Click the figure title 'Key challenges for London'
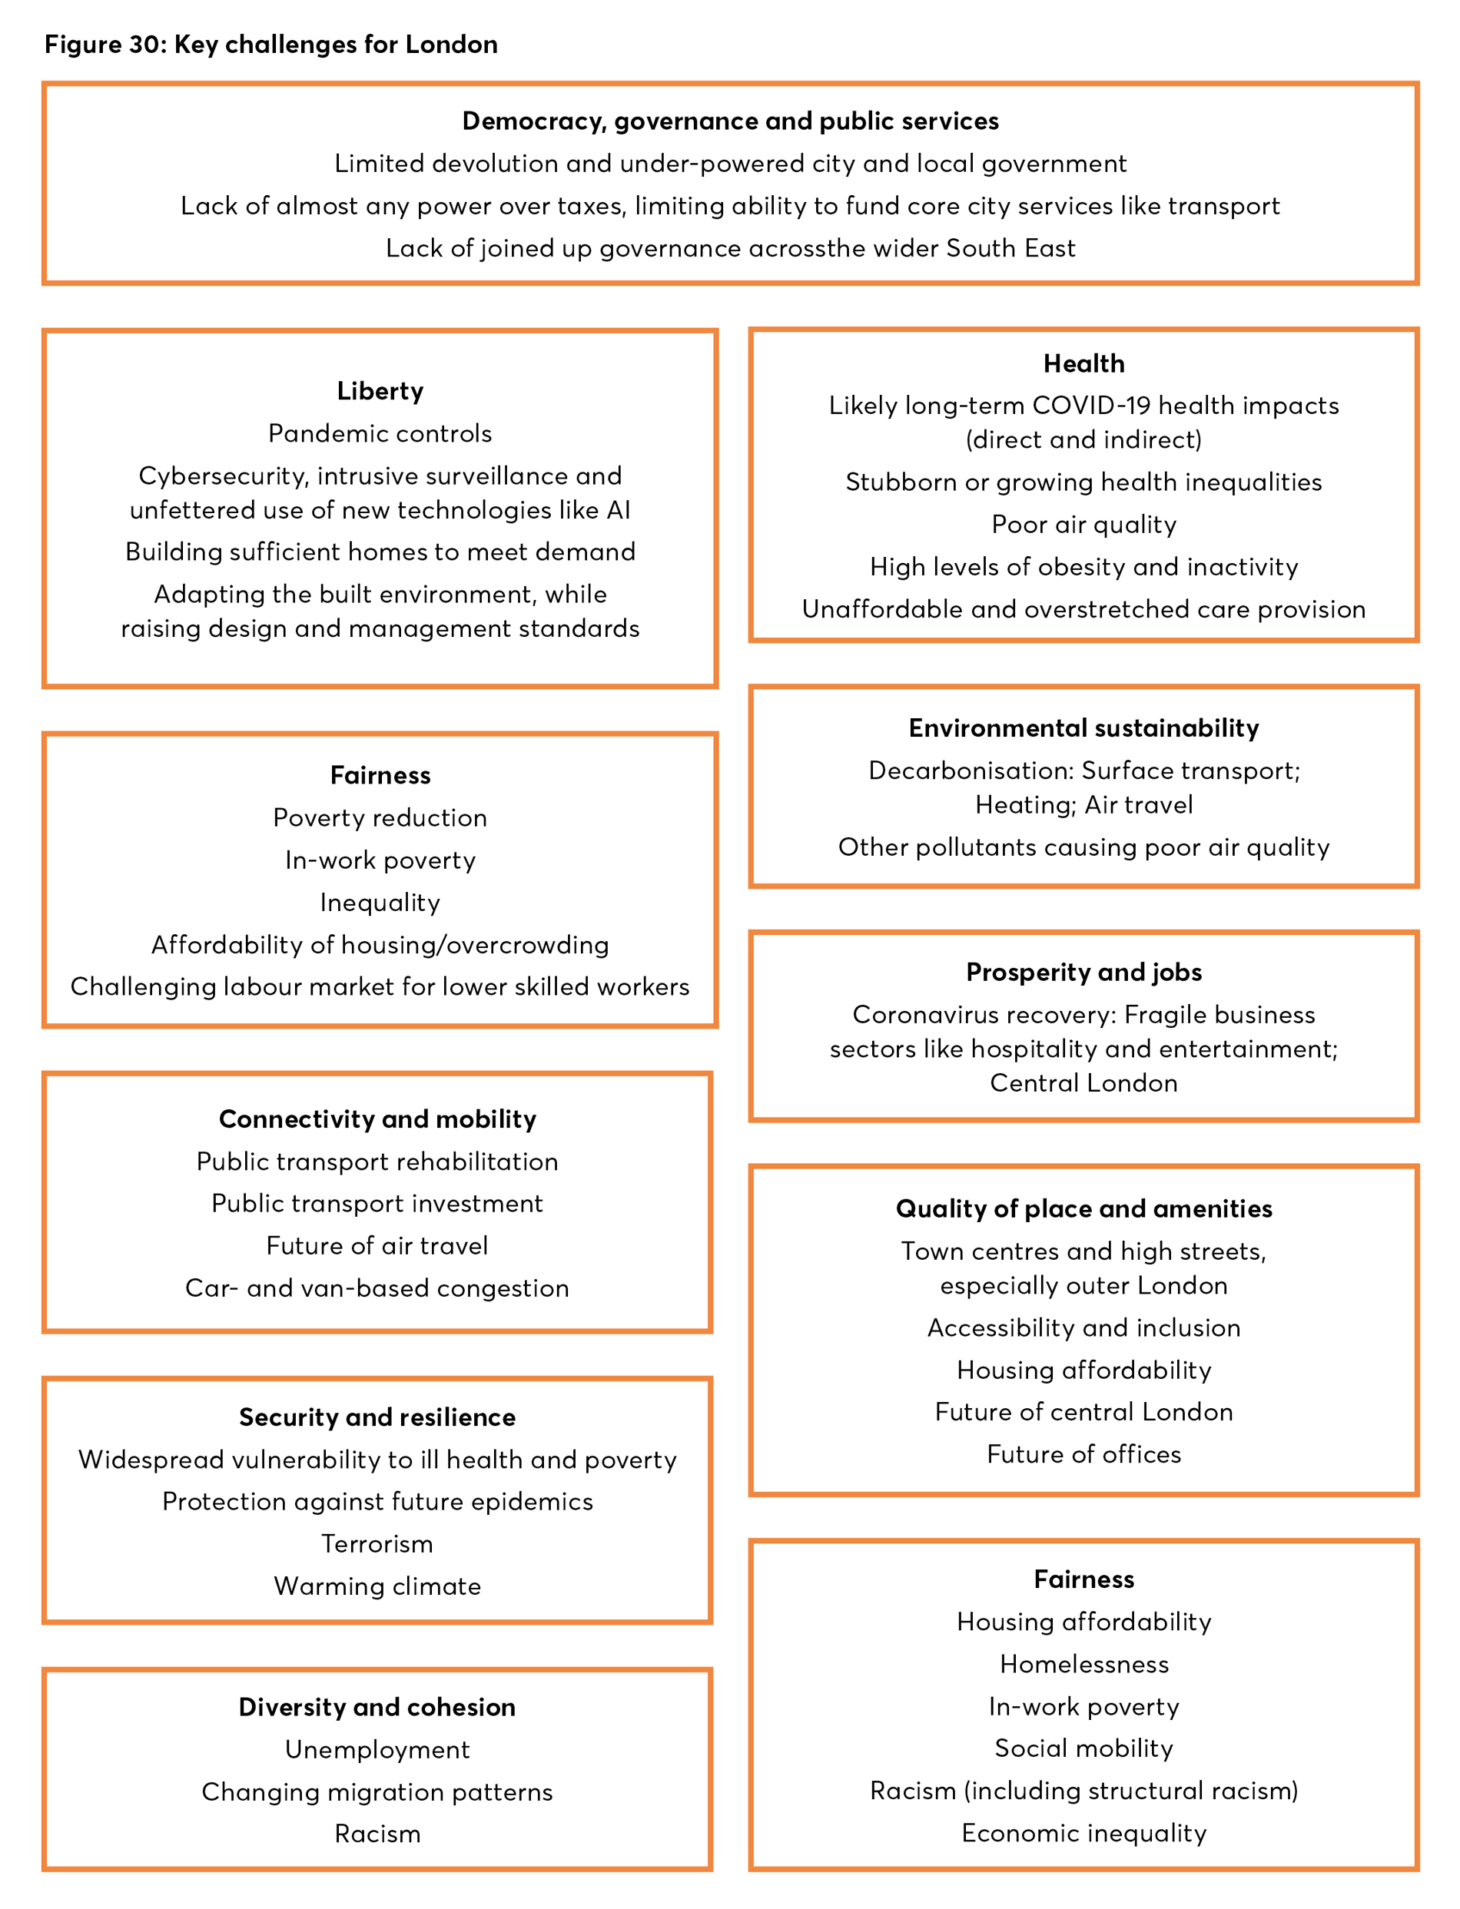[x=271, y=45]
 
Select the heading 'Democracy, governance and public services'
[x=730, y=121]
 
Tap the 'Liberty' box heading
[x=380, y=391]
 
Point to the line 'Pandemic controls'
[x=380, y=433]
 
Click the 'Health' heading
[x=1083, y=363]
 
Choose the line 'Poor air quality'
[x=1083, y=525]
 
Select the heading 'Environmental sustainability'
[x=1083, y=728]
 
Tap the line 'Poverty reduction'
[x=380, y=817]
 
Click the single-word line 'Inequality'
[x=380, y=903]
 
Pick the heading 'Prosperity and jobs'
[x=1083, y=973]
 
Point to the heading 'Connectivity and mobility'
[x=377, y=1119]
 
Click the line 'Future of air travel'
[x=377, y=1246]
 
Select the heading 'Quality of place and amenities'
[x=1083, y=1208]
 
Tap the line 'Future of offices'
[x=1083, y=1454]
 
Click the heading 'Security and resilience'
[x=377, y=1417]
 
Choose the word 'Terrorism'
[x=377, y=1544]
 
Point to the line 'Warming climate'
[x=377, y=1586]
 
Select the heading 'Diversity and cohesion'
[x=377, y=1708]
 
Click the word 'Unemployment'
[x=377, y=1750]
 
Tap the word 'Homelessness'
[x=1083, y=1665]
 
